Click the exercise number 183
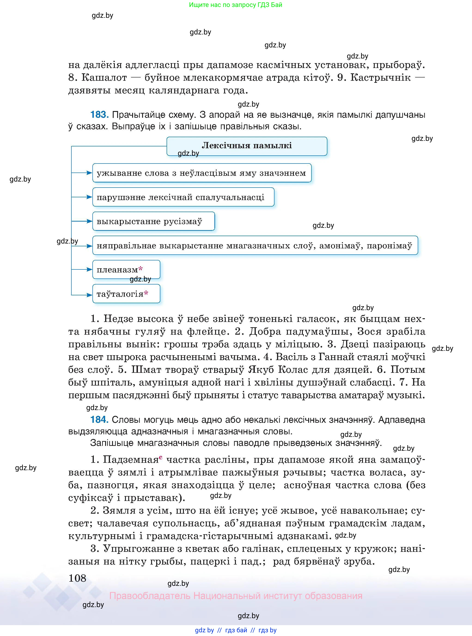coord(99,115)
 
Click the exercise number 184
coord(99,420)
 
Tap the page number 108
coord(77,578)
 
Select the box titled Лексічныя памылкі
coord(247,146)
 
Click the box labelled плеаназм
coord(126,269)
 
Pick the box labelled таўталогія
coord(126,294)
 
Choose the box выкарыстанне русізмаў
coord(153,221)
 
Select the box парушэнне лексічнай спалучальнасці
coord(183,197)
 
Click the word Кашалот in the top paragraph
coord(104,77)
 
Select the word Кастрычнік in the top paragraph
coord(380,77)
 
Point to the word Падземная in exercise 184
coord(131,460)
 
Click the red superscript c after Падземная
coord(161,457)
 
